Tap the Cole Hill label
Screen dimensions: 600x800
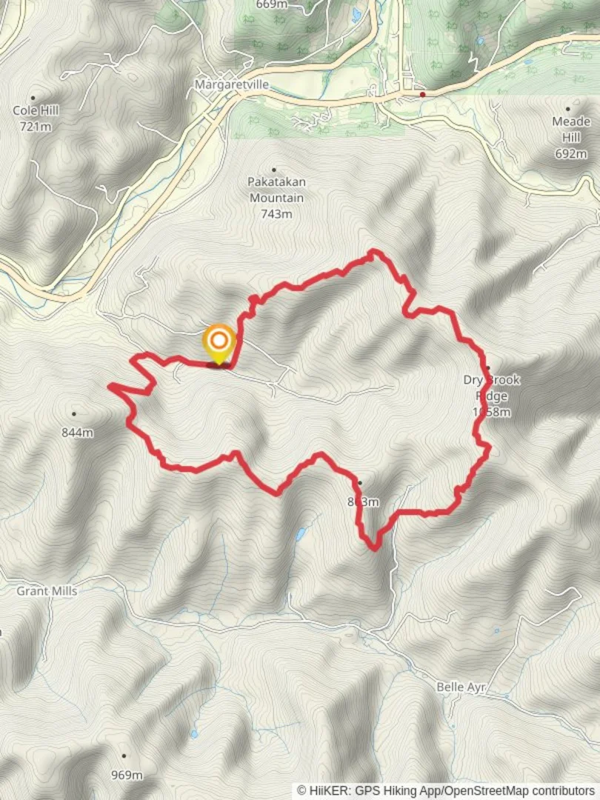pyautogui.click(x=36, y=110)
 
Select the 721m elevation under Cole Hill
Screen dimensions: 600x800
pyautogui.click(x=36, y=127)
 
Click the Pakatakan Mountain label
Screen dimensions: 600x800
pyautogui.click(x=276, y=190)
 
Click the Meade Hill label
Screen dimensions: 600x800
pyautogui.click(x=571, y=130)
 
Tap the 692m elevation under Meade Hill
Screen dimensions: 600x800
pyautogui.click(x=571, y=154)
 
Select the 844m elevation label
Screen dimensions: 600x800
pyautogui.click(x=77, y=433)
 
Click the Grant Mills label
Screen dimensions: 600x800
pyautogui.click(x=47, y=591)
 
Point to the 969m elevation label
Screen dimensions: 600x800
pyautogui.click(x=127, y=776)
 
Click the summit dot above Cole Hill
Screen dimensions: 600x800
pyautogui.click(x=33, y=97)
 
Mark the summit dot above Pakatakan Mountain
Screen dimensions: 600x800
pyautogui.click(x=275, y=170)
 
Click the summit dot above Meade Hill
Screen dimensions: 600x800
pyautogui.click(x=568, y=108)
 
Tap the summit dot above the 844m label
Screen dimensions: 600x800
pyautogui.click(x=74, y=413)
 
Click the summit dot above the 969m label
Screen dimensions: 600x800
pyautogui.click(x=124, y=756)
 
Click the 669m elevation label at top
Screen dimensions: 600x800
pyautogui.click(x=271, y=4)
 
